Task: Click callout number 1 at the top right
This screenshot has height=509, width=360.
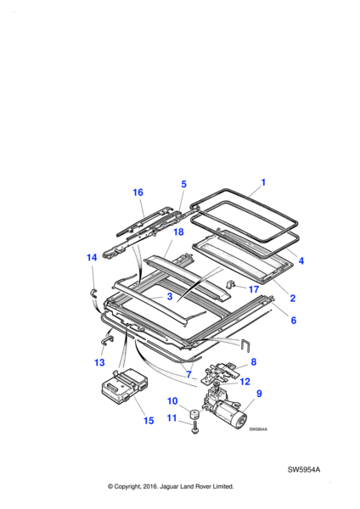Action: (x=263, y=182)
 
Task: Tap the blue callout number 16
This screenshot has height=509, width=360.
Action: (x=138, y=193)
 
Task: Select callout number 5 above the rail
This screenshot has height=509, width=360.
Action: (x=183, y=184)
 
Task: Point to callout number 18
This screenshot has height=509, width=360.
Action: (x=178, y=232)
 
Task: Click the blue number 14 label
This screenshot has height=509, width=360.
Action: (x=92, y=257)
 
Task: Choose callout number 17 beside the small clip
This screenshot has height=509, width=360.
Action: (x=253, y=289)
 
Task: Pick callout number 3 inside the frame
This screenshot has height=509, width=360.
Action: (x=170, y=296)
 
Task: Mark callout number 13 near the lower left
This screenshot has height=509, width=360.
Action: (x=99, y=362)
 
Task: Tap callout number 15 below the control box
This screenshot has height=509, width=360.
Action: (x=149, y=421)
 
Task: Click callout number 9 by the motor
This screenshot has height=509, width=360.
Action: (x=259, y=394)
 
